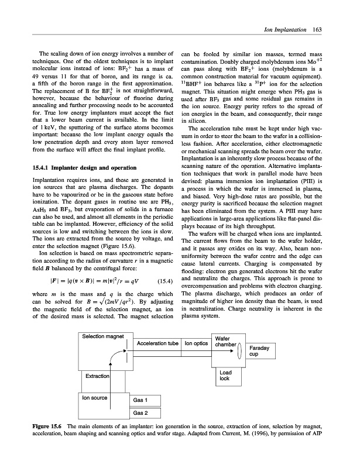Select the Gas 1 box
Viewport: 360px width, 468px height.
click(x=140, y=401)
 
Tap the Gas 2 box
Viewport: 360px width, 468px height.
click(x=140, y=413)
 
